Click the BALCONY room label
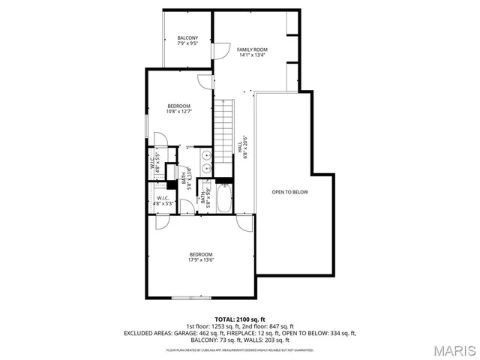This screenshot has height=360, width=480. click(187, 38)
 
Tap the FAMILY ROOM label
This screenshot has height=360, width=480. click(253, 49)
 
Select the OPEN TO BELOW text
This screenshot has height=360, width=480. click(289, 192)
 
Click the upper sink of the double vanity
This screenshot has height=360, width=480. click(206, 155)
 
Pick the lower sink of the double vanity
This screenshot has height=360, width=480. click(206, 169)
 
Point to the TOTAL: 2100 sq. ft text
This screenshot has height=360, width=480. click(239, 319)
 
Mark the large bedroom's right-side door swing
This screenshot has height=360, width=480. click(244, 223)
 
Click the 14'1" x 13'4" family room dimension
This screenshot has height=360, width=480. click(253, 55)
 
